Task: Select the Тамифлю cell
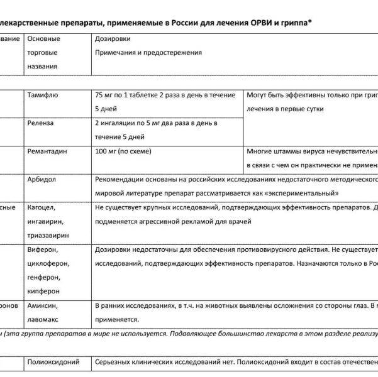(43, 96)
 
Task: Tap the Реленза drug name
(42, 123)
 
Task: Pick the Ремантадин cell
(47, 151)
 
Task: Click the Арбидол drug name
(42, 179)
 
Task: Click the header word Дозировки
(113, 39)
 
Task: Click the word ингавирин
(46, 221)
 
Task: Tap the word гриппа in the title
(294, 23)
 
